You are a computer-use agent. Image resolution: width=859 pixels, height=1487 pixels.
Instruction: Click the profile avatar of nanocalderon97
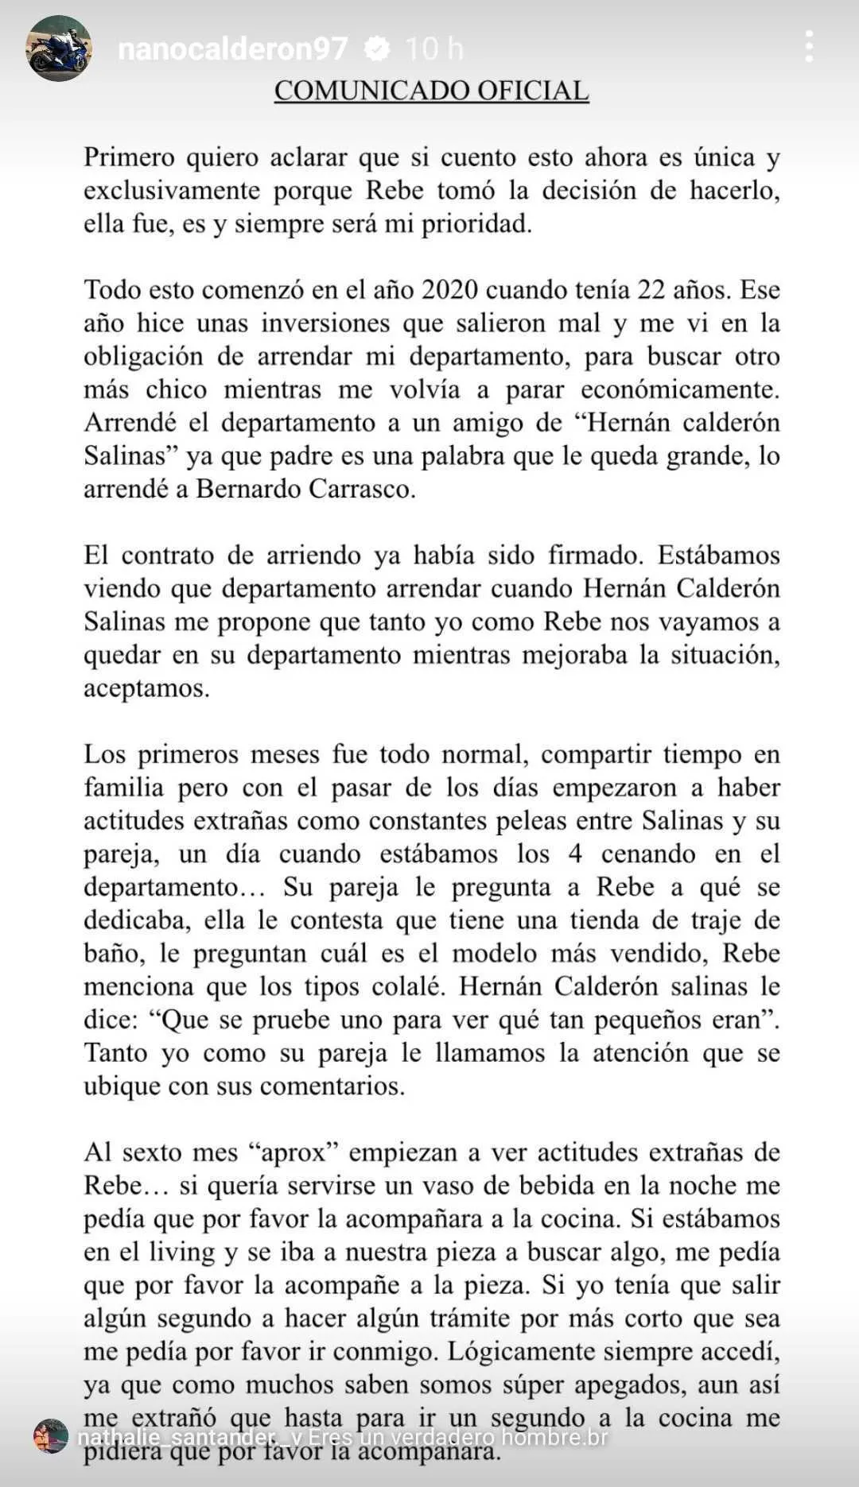tap(59, 48)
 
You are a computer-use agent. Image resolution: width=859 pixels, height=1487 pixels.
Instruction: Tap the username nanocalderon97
tap(232, 49)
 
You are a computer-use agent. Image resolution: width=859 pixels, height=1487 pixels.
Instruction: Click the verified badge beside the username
tap(376, 49)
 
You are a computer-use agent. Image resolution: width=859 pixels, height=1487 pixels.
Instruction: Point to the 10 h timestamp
tap(433, 49)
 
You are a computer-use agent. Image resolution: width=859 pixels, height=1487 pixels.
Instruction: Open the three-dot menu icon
tap(809, 47)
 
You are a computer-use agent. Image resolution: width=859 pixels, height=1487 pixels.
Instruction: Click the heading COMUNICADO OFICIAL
tap(431, 91)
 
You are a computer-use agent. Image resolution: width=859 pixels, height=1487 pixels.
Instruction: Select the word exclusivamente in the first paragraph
tap(172, 191)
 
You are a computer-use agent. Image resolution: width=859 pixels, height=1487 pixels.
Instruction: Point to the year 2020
tap(449, 290)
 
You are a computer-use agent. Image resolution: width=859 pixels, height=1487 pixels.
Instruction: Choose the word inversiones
tap(325, 323)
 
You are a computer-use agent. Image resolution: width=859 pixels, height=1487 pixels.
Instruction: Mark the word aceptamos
tap(146, 688)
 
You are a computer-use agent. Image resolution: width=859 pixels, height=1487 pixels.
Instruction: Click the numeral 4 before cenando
tap(575, 854)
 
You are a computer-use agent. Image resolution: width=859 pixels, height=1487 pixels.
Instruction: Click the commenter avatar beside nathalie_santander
tap(51, 1437)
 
